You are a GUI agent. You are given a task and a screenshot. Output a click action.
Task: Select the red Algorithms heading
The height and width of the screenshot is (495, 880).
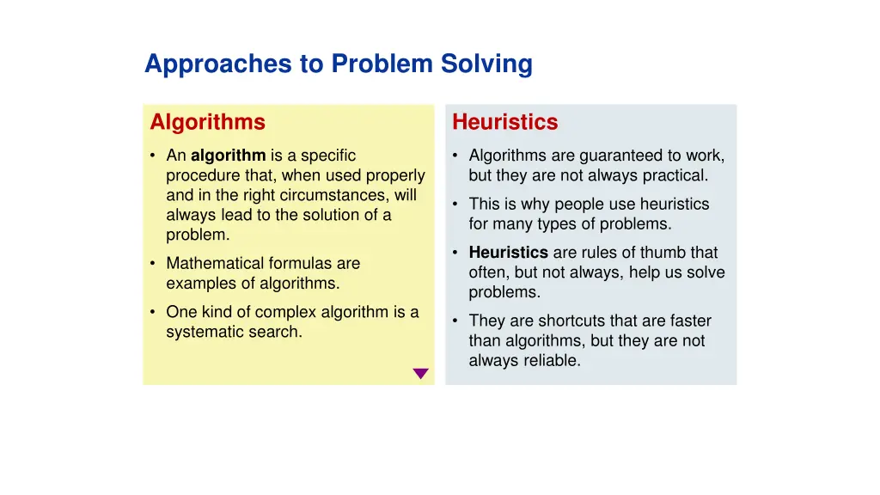coord(207,122)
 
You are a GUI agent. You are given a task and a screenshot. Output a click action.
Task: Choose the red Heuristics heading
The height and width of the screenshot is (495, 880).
coord(504,122)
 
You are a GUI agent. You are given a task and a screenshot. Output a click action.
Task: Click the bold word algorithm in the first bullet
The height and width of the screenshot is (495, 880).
coord(228,156)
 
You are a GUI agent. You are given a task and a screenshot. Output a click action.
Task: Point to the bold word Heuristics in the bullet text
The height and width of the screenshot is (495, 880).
coord(508,253)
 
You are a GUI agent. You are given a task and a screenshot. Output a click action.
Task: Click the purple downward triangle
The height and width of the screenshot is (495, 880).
coord(420,374)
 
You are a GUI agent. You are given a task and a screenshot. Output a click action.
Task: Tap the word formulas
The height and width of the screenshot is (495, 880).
coord(299,264)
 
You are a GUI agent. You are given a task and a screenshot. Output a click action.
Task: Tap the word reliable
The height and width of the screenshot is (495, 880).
coord(549,361)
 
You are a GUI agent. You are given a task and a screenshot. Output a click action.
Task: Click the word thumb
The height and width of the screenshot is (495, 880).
coord(663,253)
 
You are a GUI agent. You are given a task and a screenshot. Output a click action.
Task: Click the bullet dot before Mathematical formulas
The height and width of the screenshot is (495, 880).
coord(152,264)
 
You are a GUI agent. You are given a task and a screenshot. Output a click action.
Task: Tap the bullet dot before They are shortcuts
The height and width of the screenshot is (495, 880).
coord(455,321)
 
